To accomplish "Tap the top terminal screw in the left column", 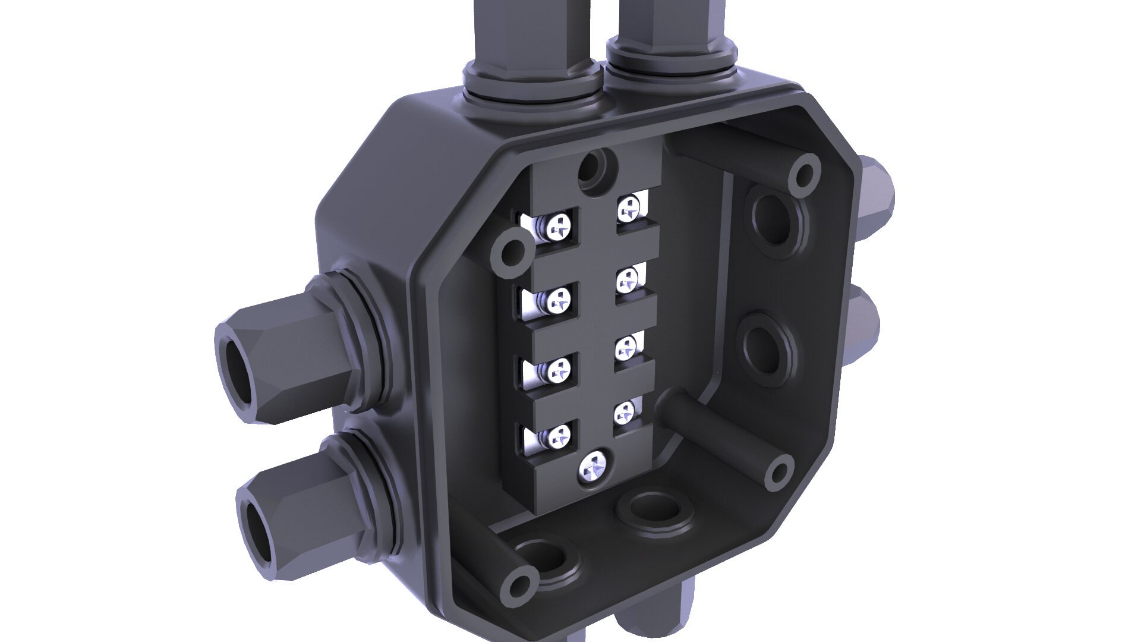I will [x=143, y=226].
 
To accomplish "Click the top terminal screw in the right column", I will [x=629, y=208].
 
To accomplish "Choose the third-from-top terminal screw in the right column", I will [x=625, y=348].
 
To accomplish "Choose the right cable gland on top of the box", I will [x=672, y=42].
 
